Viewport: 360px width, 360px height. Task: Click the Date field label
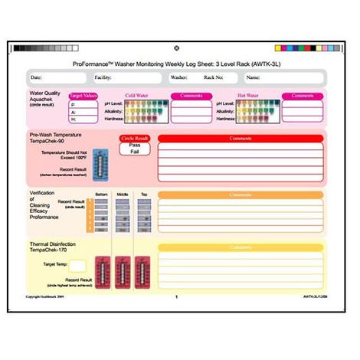click(36, 77)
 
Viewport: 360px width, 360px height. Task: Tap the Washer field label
click(179, 77)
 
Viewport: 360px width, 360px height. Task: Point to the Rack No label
click(214, 77)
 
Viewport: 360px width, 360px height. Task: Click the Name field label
click(254, 77)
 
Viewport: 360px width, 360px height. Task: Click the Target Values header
click(82, 97)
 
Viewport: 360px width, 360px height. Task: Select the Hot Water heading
click(248, 96)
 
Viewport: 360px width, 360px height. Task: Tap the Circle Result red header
click(134, 139)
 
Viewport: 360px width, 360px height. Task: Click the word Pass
click(134, 145)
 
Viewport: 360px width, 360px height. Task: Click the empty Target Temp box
click(77, 265)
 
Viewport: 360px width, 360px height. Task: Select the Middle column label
click(122, 195)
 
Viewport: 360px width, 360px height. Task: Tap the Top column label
click(143, 195)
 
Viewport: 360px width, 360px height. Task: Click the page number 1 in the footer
click(177, 296)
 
